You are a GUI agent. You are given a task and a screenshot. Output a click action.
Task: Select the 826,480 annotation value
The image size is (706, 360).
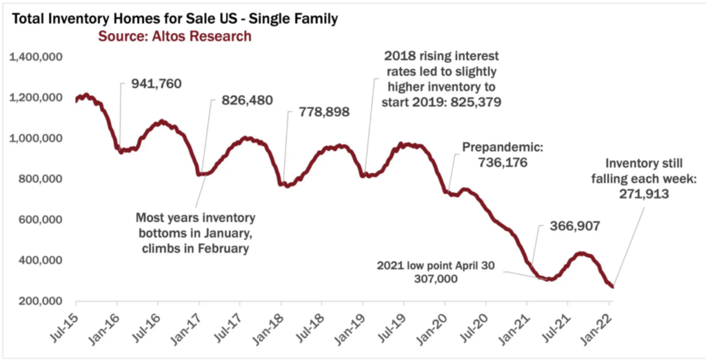pos(247,101)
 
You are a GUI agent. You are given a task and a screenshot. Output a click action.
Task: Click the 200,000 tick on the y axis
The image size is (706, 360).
pos(39,301)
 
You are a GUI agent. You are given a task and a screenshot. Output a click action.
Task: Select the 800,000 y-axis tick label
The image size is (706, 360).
pos(39,179)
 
